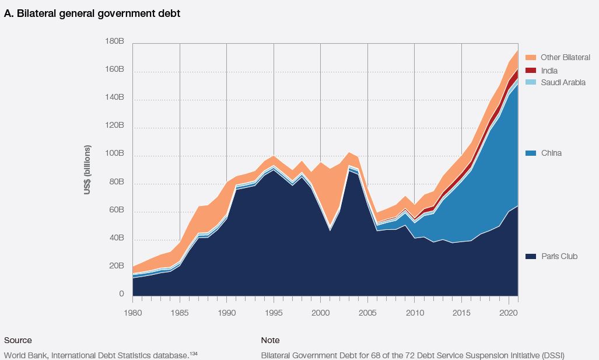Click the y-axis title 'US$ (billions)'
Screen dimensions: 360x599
88,169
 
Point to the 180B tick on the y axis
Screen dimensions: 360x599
114,41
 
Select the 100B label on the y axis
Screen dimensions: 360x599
114,153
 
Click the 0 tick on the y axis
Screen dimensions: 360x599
121,294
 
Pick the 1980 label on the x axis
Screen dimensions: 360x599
132,313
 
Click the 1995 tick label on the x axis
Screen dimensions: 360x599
274,313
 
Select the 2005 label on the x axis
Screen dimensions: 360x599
367,313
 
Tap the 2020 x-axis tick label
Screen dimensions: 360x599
509,313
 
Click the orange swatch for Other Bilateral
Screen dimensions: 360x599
530,57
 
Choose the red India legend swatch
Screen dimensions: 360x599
530,71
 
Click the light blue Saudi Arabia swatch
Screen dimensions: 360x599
530,82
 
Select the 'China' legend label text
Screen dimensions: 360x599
551,153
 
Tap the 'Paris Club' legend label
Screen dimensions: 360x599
559,257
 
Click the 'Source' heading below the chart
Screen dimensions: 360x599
18,340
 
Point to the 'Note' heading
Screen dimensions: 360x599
270,340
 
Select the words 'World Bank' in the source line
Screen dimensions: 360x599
23,355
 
